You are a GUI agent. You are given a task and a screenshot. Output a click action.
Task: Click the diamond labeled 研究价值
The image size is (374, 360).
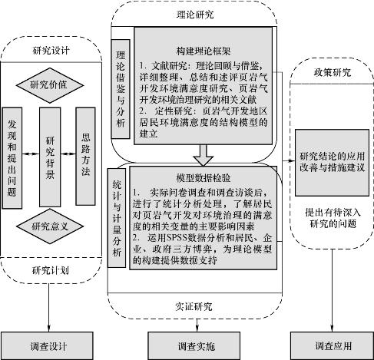[50, 85]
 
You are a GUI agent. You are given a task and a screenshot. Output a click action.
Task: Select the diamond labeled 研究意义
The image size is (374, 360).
[50, 226]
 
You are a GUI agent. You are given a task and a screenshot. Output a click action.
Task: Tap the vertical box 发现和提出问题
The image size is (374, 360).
[12, 158]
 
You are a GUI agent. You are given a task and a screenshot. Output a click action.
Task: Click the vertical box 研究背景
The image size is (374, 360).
[50, 157]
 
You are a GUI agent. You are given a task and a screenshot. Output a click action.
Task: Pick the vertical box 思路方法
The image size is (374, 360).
[85, 156]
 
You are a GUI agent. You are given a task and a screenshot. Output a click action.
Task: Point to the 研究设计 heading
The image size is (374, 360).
[51, 51]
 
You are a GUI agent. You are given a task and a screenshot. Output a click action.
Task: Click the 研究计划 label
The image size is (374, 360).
[51, 270]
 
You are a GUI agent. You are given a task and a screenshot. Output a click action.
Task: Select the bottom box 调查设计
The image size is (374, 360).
[47, 345]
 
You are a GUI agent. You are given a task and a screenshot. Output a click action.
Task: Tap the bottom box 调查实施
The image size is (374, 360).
[194, 345]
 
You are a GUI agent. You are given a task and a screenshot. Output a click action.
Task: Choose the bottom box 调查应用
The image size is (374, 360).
[332, 345]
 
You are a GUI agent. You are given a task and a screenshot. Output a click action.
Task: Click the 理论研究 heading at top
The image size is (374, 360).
[195, 15]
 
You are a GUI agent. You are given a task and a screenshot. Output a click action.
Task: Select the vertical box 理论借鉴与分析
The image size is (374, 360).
[121, 89]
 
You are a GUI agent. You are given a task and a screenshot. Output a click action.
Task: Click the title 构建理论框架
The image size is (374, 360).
[204, 51]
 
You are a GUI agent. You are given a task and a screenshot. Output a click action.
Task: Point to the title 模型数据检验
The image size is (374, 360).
[204, 178]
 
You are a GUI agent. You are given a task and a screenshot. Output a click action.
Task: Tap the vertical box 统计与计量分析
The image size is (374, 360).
[117, 218]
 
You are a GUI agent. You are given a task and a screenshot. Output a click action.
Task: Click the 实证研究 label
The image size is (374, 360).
[194, 306]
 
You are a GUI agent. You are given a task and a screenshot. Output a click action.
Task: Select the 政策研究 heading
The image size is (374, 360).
[333, 72]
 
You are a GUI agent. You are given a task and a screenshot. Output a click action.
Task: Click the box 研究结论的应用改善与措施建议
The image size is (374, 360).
[332, 163]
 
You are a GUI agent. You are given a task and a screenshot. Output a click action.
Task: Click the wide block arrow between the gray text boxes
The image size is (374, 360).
[204, 155]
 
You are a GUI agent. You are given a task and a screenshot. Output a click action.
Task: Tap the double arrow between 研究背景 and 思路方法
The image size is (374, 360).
[68, 154]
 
